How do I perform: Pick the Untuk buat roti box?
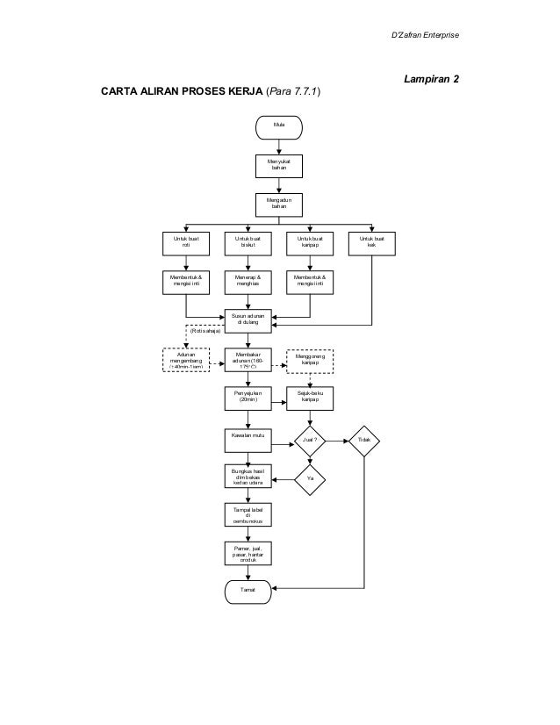pos(185,243)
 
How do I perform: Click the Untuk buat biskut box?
pos(248,243)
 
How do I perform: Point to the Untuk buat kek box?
pos(372,243)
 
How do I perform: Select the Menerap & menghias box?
pos(248,281)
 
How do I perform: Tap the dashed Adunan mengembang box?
pos(185,360)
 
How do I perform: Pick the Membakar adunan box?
pos(248,360)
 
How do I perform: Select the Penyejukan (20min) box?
pos(248,399)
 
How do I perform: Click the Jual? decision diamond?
pos(310,439)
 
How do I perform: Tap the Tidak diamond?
pos(365,439)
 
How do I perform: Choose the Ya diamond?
pos(310,479)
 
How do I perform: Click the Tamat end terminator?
pos(248,591)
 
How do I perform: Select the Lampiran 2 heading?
pos(430,79)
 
